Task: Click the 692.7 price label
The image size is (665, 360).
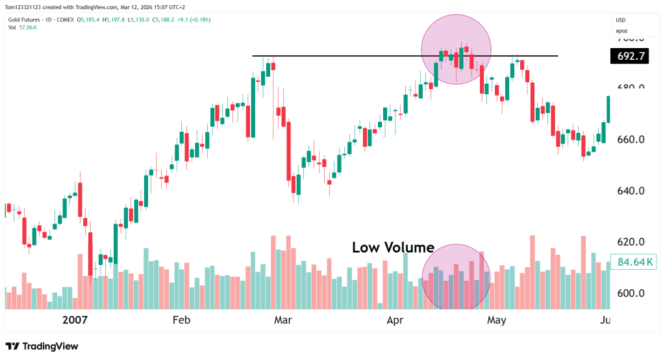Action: click(x=629, y=57)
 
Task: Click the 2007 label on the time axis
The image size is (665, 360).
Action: click(x=75, y=320)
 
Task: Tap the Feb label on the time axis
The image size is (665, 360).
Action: click(x=181, y=320)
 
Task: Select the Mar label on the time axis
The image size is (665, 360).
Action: click(x=283, y=320)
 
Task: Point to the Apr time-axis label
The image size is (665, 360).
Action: click(x=395, y=320)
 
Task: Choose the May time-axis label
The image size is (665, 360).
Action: click(x=497, y=320)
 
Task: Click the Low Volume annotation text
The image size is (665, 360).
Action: click(x=393, y=248)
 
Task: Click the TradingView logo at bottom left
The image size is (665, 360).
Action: click(x=42, y=346)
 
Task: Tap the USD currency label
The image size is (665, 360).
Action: click(x=621, y=20)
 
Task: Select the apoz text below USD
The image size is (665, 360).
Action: click(x=622, y=31)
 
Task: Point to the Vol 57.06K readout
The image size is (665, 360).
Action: click(x=22, y=27)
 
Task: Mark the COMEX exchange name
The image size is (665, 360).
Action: click(x=65, y=19)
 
